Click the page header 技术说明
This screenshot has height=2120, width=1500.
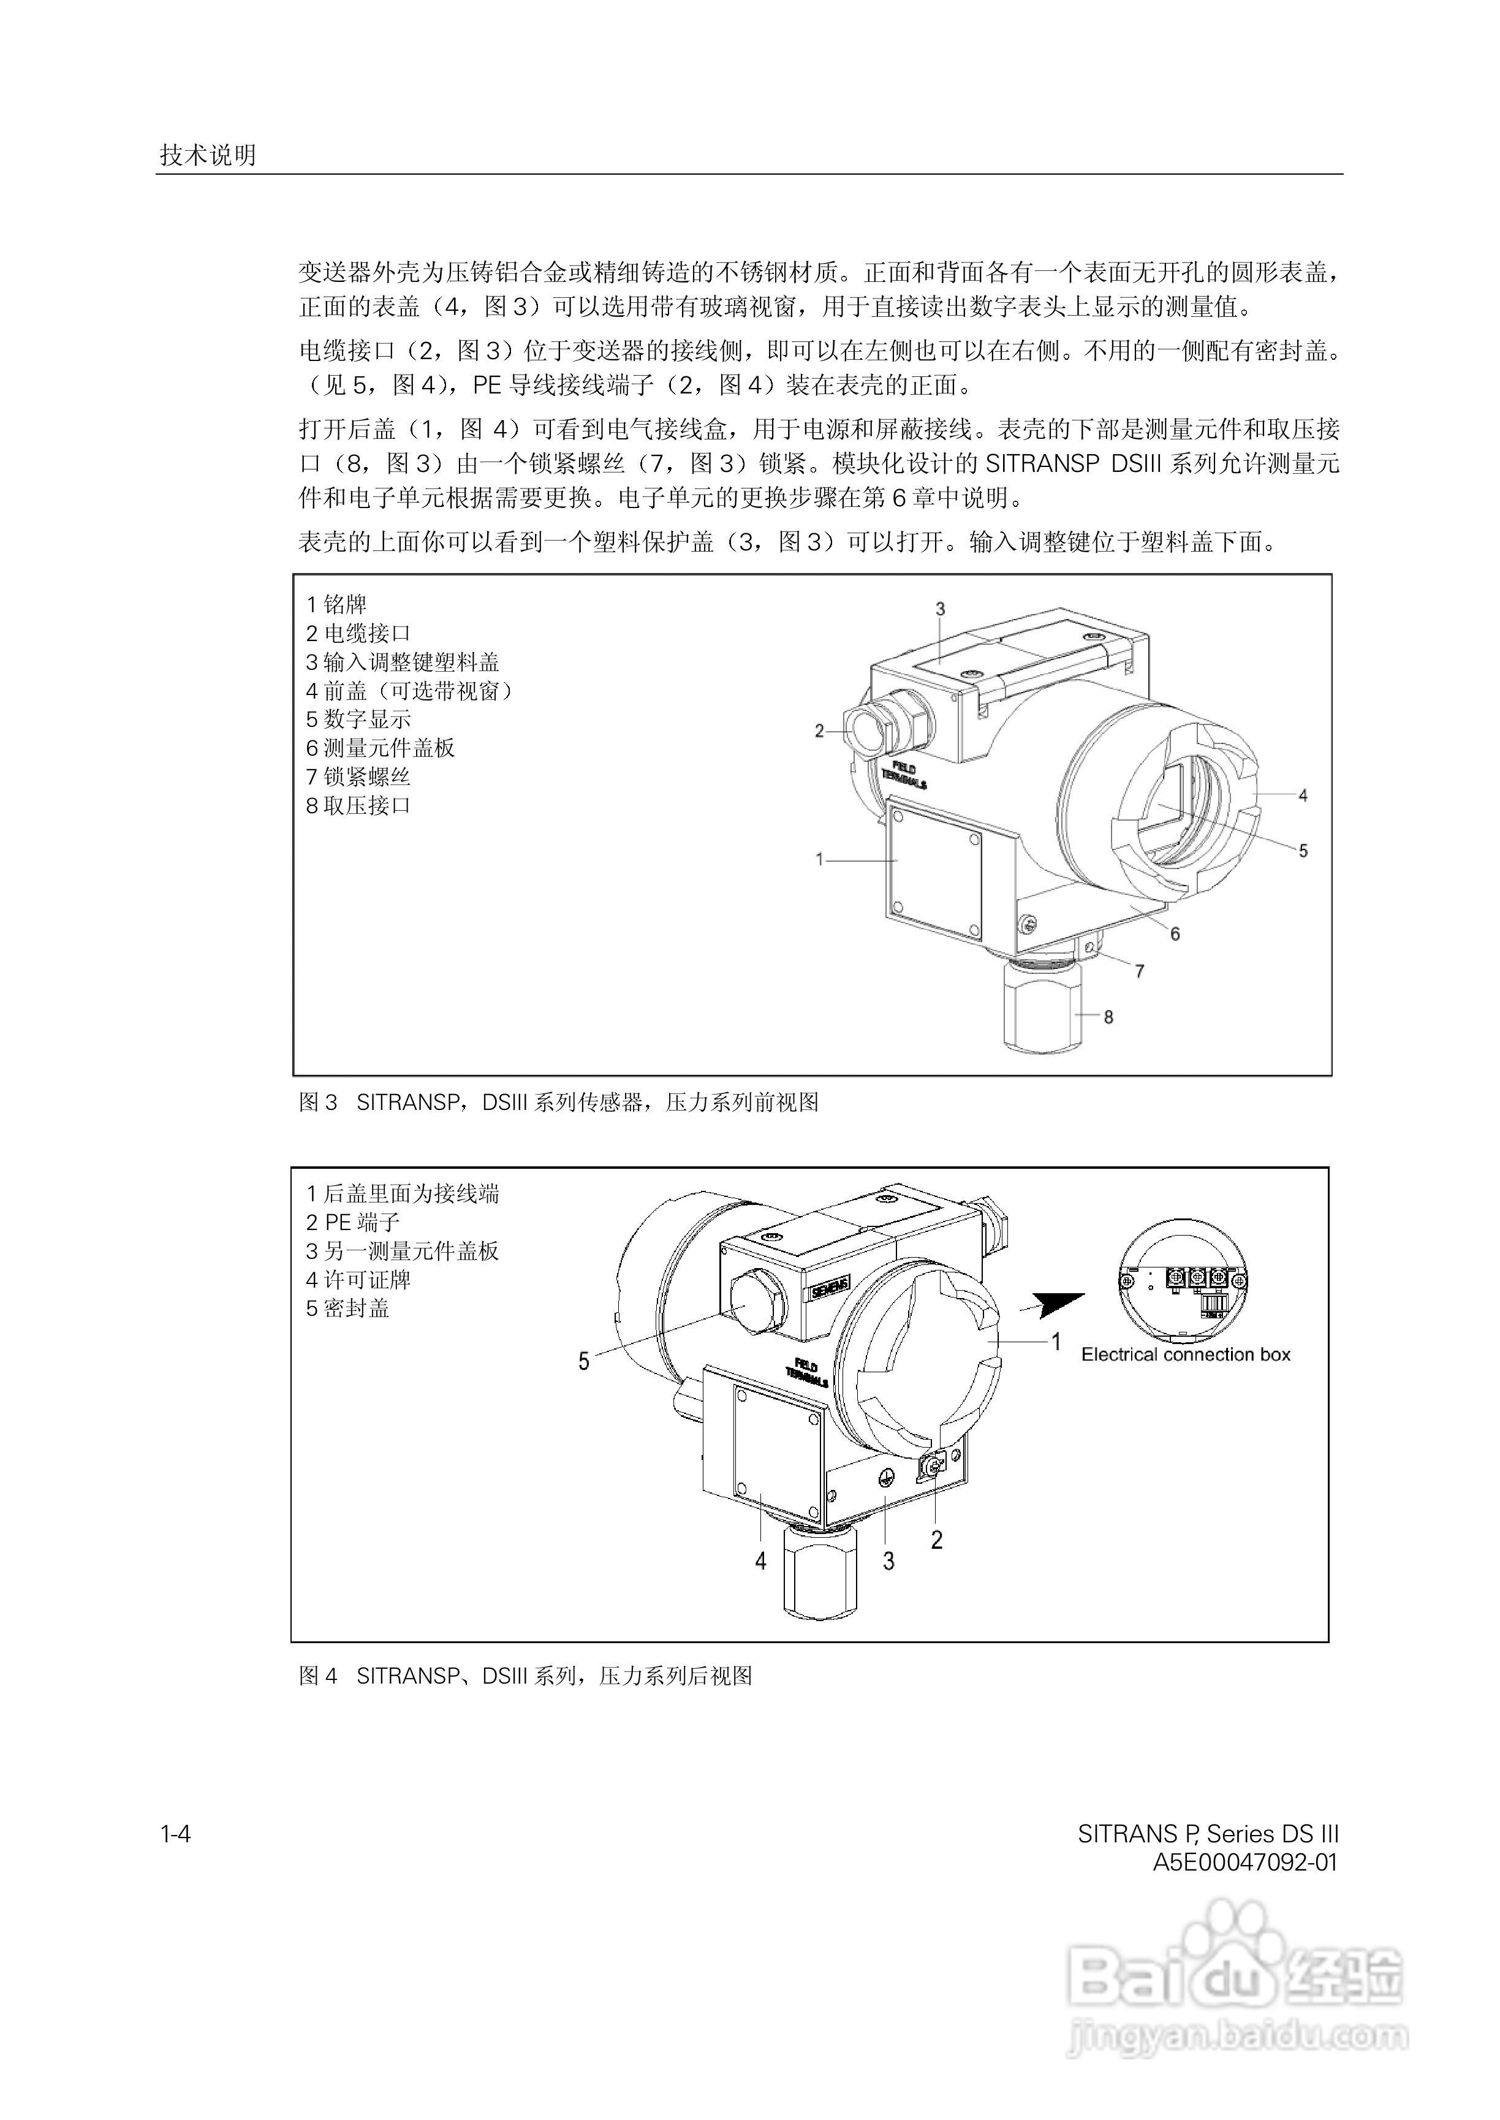point(208,155)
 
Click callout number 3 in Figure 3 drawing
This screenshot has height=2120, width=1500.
point(941,609)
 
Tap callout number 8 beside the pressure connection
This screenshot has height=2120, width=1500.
point(1108,1017)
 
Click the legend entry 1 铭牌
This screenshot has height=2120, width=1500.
point(337,605)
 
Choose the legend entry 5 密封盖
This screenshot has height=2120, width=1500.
point(347,1309)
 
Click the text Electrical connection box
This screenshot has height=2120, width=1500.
point(1185,1355)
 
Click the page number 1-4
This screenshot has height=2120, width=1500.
point(175,1834)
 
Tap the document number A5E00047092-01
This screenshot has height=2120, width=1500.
point(1245,1862)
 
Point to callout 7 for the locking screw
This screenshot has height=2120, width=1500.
point(1140,972)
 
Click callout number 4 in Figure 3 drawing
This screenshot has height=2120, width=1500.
point(1302,796)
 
